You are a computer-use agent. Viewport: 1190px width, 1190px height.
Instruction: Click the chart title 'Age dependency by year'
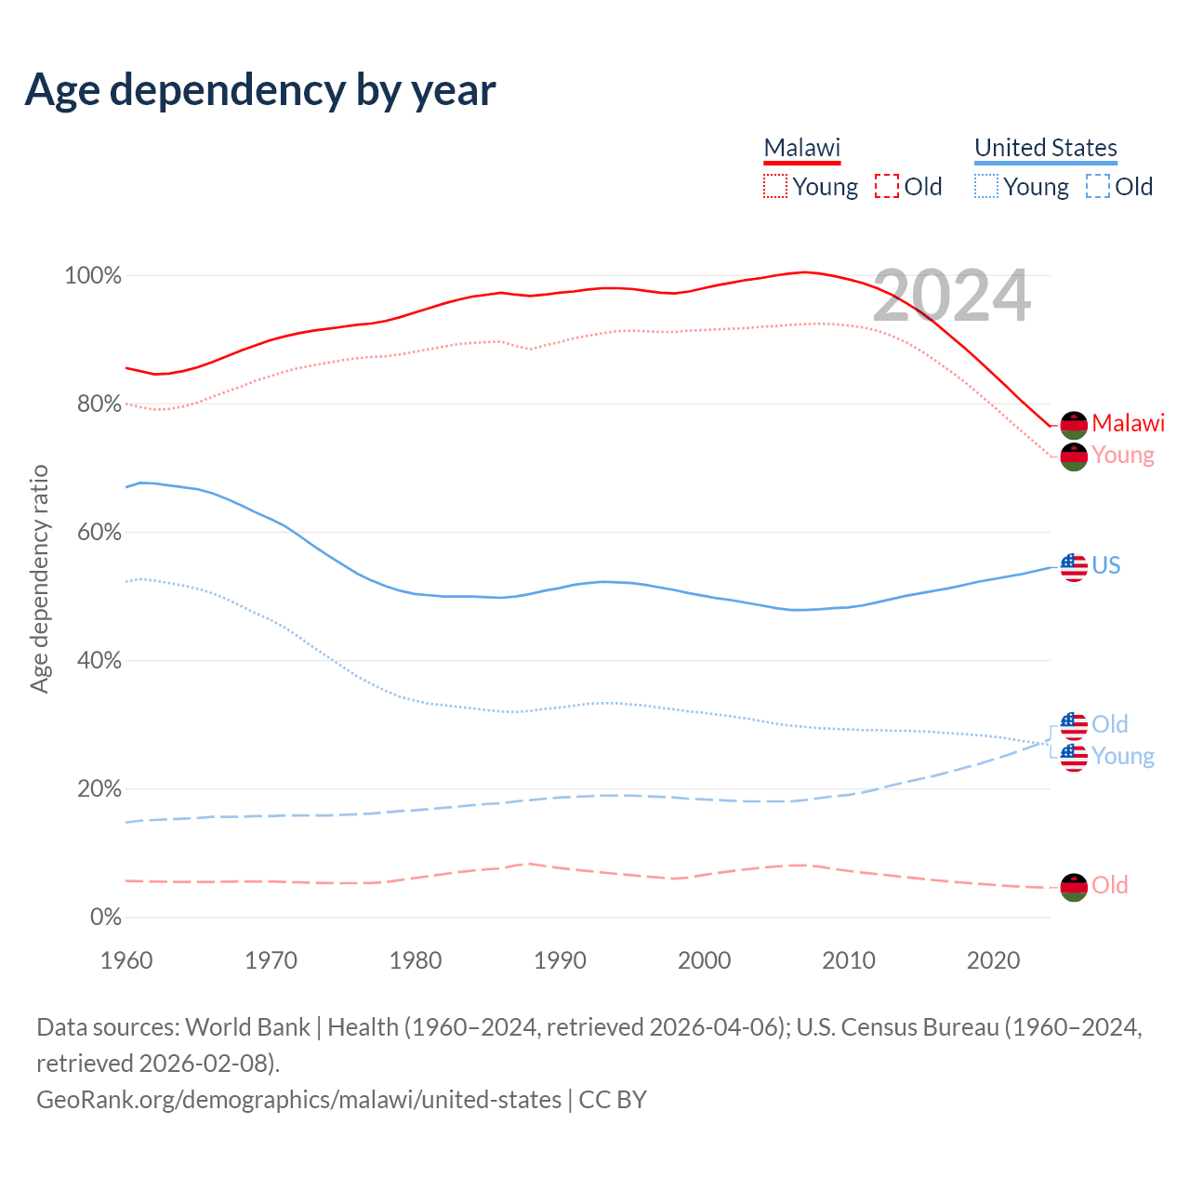pyautogui.click(x=260, y=90)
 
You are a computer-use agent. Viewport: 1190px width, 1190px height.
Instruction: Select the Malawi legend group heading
pyautogui.click(x=801, y=148)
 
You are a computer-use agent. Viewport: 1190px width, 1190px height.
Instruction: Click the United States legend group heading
pyautogui.click(x=1045, y=148)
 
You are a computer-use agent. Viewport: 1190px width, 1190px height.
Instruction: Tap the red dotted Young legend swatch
pyautogui.click(x=774, y=187)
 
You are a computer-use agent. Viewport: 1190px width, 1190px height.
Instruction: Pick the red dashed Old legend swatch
pyautogui.click(x=887, y=187)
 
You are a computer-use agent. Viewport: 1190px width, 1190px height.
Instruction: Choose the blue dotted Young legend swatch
pyautogui.click(x=986, y=187)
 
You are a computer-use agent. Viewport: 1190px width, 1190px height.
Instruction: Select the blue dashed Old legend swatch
pyautogui.click(x=1098, y=187)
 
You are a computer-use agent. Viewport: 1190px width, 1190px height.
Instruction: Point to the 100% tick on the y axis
pyautogui.click(x=93, y=276)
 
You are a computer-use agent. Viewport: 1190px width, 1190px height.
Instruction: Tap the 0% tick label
pyautogui.click(x=105, y=918)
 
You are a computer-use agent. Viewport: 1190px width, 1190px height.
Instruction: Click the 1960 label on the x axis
pyautogui.click(x=126, y=960)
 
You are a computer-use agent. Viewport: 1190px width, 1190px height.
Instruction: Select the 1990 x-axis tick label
pyautogui.click(x=560, y=960)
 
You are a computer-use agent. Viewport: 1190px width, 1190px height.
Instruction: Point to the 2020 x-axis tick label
pyautogui.click(x=993, y=960)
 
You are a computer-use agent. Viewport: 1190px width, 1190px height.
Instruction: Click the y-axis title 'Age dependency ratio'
pyautogui.click(x=39, y=579)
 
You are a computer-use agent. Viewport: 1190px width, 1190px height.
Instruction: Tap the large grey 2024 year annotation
pyautogui.click(x=952, y=296)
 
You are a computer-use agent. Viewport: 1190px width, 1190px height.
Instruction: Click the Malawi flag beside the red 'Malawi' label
pyautogui.click(x=1074, y=425)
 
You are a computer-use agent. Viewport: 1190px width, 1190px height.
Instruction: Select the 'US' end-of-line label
pyautogui.click(x=1106, y=565)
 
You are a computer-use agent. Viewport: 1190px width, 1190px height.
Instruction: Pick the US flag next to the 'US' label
pyautogui.click(x=1074, y=567)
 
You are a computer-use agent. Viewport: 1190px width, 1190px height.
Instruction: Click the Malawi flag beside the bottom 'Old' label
pyautogui.click(x=1074, y=887)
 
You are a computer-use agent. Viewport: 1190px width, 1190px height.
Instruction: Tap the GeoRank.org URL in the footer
pyautogui.click(x=298, y=1100)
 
